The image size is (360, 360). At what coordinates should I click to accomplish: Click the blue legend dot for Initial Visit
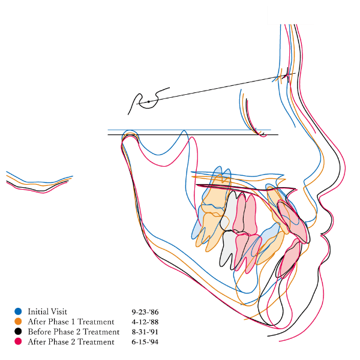[x=18, y=311]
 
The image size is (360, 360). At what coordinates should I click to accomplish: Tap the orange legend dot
[x=18, y=322]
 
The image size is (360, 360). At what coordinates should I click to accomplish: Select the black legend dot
[x=18, y=332]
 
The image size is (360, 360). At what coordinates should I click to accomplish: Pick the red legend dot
[x=18, y=341]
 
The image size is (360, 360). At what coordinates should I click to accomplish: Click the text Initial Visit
[x=47, y=311]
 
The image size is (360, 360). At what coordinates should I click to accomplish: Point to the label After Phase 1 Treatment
[x=71, y=322]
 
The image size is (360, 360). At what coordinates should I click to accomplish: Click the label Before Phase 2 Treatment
[x=74, y=332]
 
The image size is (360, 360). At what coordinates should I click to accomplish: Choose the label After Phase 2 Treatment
[x=71, y=342]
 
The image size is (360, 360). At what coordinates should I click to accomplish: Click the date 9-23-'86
[x=145, y=312]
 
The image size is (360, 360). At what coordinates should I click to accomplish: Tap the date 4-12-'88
[x=145, y=322]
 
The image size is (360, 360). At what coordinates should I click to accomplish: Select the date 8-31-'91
[x=145, y=332]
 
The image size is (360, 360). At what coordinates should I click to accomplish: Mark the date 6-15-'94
[x=145, y=342]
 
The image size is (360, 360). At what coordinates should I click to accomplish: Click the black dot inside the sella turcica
[x=149, y=101]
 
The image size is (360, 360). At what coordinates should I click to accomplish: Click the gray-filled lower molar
[x=229, y=249]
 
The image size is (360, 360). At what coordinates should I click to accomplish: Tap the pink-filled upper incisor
[x=293, y=221]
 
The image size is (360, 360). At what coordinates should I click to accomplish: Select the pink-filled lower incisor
[x=290, y=258]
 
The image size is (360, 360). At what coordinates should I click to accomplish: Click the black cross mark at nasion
[x=286, y=75]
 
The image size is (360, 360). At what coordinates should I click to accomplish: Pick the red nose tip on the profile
[x=344, y=166]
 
